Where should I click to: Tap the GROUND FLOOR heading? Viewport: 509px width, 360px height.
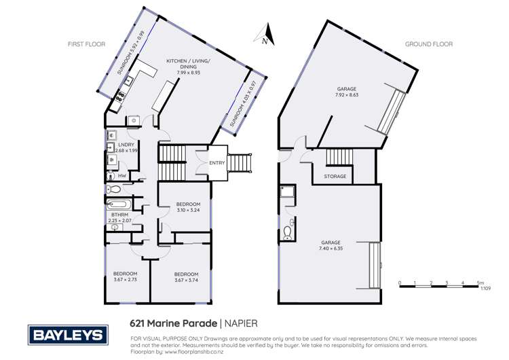click(429, 44)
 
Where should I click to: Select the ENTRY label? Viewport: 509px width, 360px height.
click(217, 163)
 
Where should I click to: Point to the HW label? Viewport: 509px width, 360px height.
click(122, 176)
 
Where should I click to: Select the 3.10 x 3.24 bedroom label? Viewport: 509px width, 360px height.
click(188, 207)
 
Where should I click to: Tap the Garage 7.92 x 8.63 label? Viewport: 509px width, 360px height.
click(347, 92)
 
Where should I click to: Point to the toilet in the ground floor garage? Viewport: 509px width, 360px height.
click(288, 233)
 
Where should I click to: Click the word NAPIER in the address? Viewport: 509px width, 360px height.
click(241, 323)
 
